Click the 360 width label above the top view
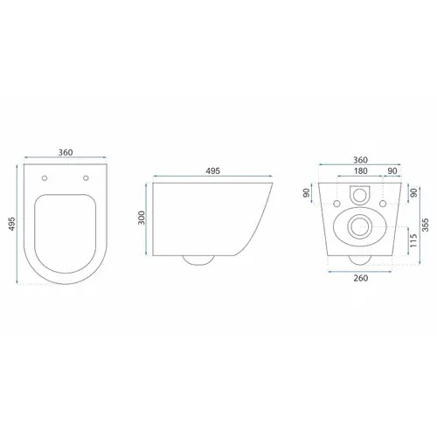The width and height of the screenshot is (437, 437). coord(66,152)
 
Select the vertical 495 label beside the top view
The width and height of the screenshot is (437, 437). coord(11,224)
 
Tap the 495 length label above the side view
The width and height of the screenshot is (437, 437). coord(213,171)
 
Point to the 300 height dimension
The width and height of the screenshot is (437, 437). coord(142,218)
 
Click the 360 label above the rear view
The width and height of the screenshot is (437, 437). coord(360,160)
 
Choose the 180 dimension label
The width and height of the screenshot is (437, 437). coord(361,171)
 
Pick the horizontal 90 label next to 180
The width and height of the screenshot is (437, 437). coord(392,171)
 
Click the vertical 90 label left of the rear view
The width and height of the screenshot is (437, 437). coord(306,193)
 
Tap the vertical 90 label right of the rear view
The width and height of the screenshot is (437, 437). coord(414,193)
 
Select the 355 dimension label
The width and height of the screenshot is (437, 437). coord(426,225)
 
